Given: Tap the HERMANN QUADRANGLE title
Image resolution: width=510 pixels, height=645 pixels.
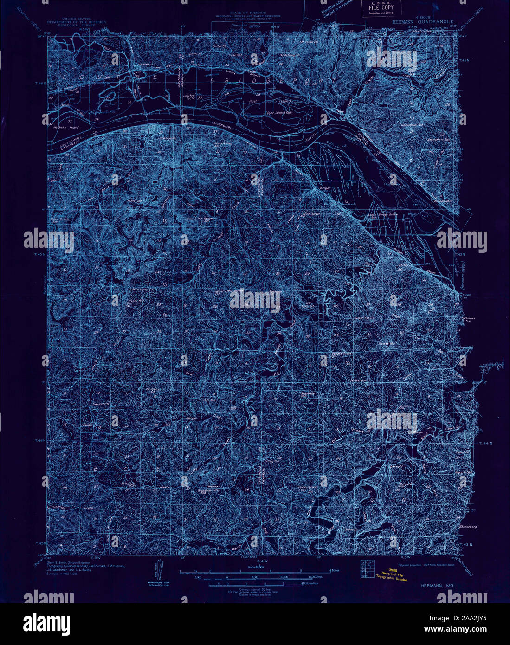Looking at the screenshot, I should click(x=422, y=21).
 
